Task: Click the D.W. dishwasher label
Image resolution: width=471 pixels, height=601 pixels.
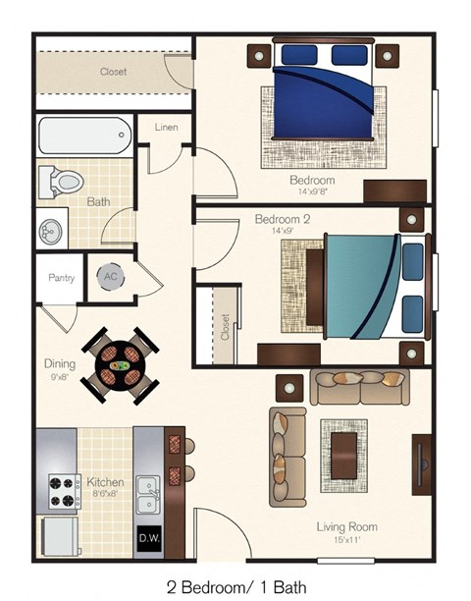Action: (x=147, y=538)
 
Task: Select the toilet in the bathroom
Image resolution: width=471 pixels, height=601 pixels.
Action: (x=59, y=182)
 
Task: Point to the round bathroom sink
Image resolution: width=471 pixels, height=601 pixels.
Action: (x=52, y=232)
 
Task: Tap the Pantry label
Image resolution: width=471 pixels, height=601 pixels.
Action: (x=61, y=278)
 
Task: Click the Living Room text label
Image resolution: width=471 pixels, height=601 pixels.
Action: (x=346, y=527)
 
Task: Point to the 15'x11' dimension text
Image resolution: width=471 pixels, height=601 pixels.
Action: (x=346, y=540)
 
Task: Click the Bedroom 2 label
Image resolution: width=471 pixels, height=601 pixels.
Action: (x=283, y=219)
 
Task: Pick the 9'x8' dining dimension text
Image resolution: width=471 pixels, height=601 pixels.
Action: (x=59, y=375)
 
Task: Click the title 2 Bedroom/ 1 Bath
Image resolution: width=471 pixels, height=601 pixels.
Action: (x=236, y=587)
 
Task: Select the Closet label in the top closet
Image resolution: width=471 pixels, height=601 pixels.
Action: (x=113, y=72)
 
